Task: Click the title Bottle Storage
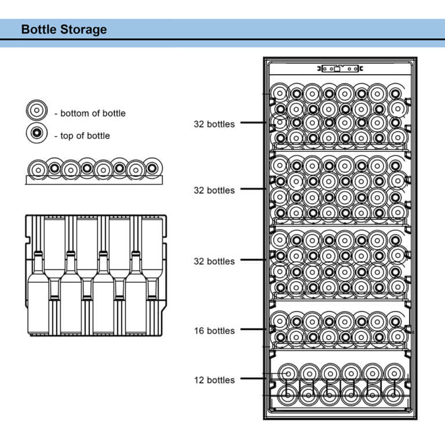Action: (x=64, y=29)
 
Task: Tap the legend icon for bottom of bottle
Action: (x=36, y=111)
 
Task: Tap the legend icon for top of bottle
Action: (x=36, y=133)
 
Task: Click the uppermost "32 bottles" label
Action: (x=214, y=123)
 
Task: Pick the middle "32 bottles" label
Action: (x=214, y=190)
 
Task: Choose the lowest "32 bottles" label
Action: (x=214, y=261)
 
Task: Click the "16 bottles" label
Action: (x=214, y=331)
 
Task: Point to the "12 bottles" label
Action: (x=214, y=380)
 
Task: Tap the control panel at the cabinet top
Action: (x=340, y=68)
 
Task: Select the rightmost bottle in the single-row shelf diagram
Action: (x=152, y=168)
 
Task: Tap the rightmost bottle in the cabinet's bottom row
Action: (x=393, y=396)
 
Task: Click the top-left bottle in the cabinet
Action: (x=280, y=93)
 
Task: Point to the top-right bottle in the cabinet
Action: (x=395, y=93)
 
